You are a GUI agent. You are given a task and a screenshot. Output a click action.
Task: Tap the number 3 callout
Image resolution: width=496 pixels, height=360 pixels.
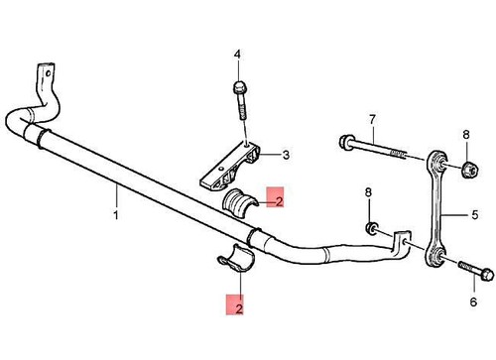pyautogui.click(x=285, y=154)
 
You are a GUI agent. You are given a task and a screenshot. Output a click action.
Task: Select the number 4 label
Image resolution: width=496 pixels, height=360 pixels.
pyautogui.click(x=237, y=53)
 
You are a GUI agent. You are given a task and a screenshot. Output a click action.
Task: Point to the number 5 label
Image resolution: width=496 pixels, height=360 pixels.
pyautogui.click(x=474, y=212)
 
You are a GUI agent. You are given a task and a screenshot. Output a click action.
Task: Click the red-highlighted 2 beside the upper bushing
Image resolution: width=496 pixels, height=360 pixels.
pyautogui.click(x=279, y=201)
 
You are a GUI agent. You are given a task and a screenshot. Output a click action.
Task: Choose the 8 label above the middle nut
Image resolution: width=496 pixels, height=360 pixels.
pyautogui.click(x=369, y=191)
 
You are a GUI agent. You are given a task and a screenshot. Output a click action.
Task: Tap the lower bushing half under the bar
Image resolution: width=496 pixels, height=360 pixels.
pyautogui.click(x=238, y=259)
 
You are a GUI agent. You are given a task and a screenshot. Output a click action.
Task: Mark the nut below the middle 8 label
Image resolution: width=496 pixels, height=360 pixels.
pyautogui.click(x=370, y=230)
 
